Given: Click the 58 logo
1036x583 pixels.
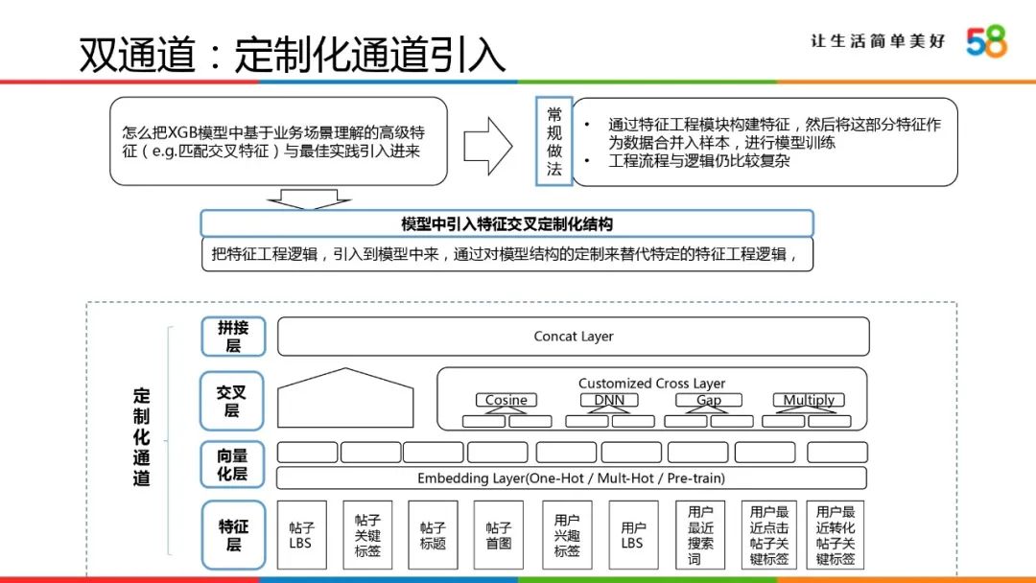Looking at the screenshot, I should (986, 41).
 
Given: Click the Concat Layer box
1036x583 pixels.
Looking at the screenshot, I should (574, 337).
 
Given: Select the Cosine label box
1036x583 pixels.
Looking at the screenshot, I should (506, 400).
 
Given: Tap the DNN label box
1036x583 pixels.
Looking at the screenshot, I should (608, 400).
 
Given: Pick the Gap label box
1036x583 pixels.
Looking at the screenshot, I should (709, 400).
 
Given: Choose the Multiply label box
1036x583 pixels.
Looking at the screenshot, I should (809, 400).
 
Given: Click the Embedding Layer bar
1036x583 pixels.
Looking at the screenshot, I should (571, 478).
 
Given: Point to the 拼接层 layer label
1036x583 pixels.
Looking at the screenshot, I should (232, 337).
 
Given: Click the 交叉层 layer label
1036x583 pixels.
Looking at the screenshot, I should (232, 400).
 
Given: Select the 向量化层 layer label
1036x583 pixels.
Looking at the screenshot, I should (232, 465).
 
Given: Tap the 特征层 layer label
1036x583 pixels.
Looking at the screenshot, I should (232, 535).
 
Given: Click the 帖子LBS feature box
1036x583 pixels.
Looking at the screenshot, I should (301, 535).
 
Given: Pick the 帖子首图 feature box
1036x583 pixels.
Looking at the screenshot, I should (498, 535).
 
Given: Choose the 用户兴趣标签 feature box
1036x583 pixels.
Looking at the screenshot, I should (567, 535).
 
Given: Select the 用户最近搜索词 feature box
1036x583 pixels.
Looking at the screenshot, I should (700, 535).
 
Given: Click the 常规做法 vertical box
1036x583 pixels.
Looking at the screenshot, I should (553, 142).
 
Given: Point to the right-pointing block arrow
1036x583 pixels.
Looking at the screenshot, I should (489, 146).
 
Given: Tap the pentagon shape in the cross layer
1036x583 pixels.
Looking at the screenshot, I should (345, 397).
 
